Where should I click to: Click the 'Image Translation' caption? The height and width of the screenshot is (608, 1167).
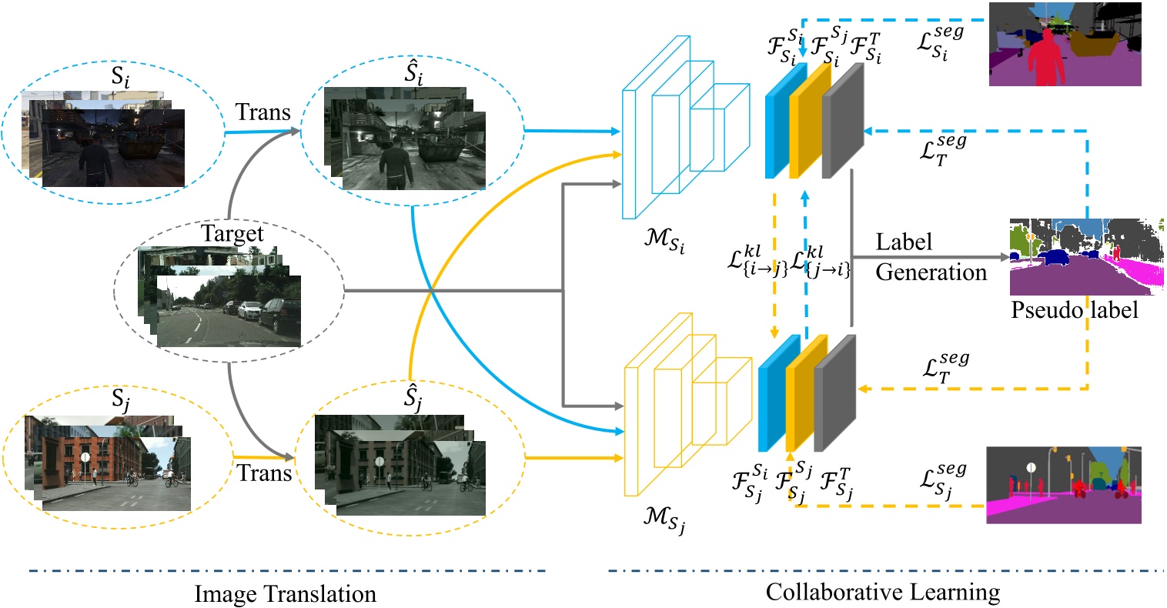click(285, 594)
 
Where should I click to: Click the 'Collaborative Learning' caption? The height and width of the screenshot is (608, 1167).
click(883, 592)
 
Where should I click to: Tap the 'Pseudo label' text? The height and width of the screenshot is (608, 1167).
click(1074, 309)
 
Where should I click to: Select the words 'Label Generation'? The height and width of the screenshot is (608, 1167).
click(930, 257)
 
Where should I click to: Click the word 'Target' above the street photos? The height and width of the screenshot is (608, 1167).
click(232, 233)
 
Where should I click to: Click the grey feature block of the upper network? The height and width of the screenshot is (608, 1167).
click(843, 122)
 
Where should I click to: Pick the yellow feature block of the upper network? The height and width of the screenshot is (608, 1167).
click(810, 121)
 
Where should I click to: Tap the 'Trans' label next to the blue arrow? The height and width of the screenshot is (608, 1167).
click(262, 112)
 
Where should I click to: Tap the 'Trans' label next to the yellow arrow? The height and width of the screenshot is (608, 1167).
click(263, 473)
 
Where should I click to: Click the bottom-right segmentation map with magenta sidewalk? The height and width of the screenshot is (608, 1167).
click(1063, 485)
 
